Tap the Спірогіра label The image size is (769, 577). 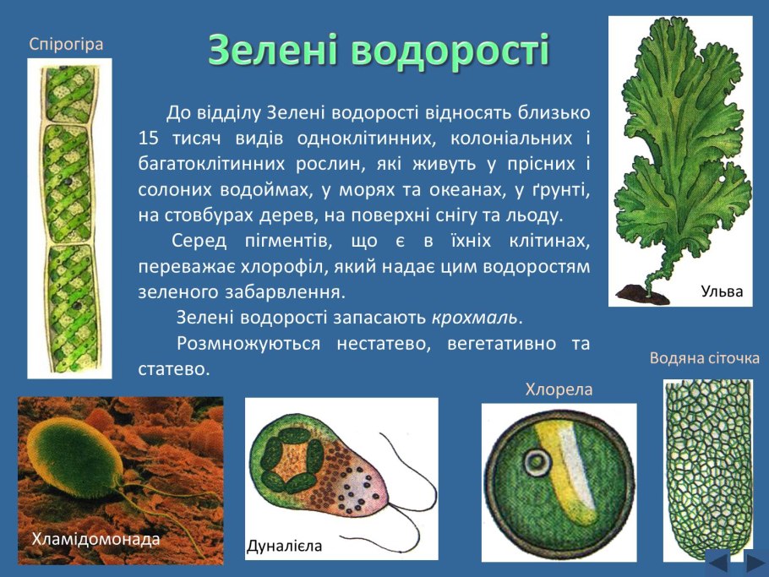pos(66,44)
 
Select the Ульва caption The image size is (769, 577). pos(721,292)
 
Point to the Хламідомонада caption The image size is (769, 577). pos(95,539)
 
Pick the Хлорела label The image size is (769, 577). pos(559,389)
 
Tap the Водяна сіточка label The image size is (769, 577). pos(704,358)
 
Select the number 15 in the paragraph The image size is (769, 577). pos(148,138)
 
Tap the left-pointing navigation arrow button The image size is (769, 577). pos(717,562)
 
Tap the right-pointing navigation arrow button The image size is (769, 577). pos(755,562)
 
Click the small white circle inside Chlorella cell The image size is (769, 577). pos(535,462)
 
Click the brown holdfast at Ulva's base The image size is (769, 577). pos(636,294)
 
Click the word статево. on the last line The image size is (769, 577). pos(172,369)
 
